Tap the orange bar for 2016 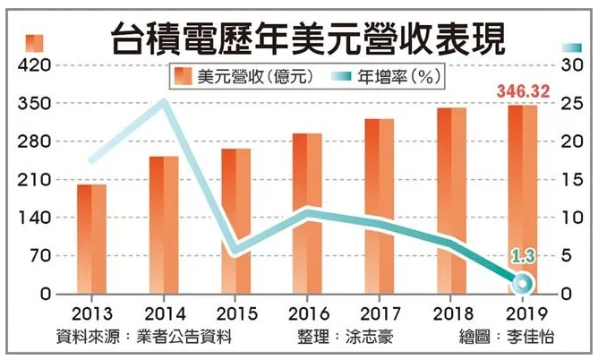tap(307, 214)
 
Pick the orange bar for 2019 tap(523, 200)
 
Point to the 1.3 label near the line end tap(523, 258)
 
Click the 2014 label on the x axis tap(164, 313)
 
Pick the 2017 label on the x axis tap(380, 313)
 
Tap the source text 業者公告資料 tap(187, 337)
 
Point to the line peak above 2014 tap(162, 101)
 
